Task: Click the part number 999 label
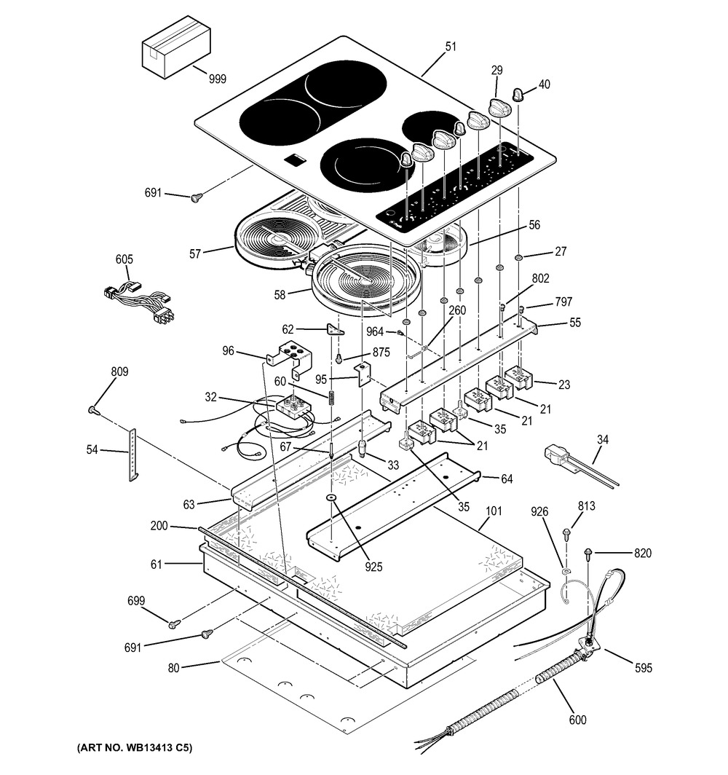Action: (x=217, y=79)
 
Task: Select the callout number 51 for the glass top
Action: (x=451, y=47)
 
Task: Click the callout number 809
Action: (x=119, y=372)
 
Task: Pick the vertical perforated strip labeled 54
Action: (x=133, y=454)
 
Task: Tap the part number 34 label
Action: (x=601, y=439)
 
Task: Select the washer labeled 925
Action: (x=331, y=498)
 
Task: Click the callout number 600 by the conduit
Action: (x=577, y=720)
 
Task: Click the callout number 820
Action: (x=642, y=554)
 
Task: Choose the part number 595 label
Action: (x=643, y=668)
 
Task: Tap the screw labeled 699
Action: (x=173, y=623)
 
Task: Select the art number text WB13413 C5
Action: (x=134, y=748)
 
